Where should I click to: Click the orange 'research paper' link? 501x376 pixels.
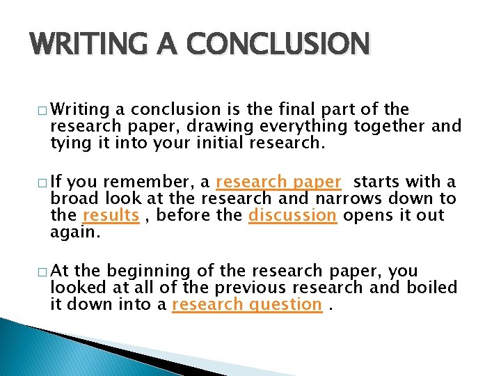pos(278,182)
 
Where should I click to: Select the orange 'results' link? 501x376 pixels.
pos(111,215)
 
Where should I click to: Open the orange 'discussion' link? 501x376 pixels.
pos(292,215)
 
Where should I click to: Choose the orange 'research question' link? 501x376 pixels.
pos(246,304)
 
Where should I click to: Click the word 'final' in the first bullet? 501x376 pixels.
pos(310,110)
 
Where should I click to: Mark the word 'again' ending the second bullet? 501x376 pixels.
pos(74,232)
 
